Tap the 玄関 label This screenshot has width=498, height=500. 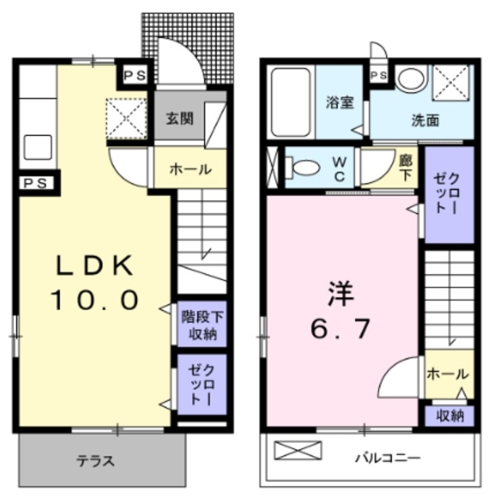pos(180,120)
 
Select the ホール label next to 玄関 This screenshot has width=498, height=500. pos(190,169)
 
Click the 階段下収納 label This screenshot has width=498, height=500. pos(202,325)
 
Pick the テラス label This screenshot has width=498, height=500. pos(95,461)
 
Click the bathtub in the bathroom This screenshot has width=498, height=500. pos(291,102)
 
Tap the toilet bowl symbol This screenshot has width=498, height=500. pos(304,166)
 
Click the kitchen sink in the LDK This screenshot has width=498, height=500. pos(38,146)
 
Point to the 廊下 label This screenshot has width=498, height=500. pos(405,166)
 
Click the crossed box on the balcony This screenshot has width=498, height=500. pos(297,452)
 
